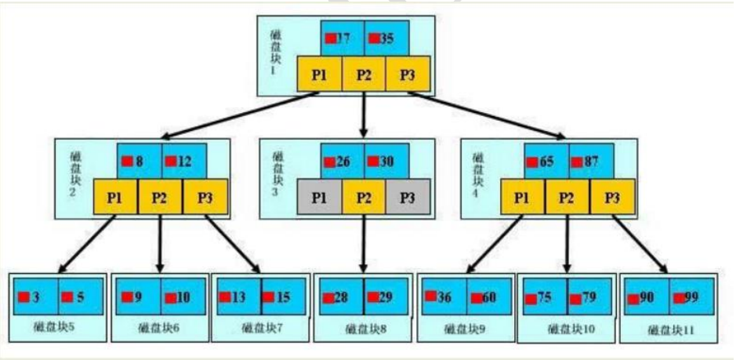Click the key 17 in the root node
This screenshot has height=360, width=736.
pos(342,38)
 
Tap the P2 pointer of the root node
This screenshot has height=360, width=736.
pos(364,75)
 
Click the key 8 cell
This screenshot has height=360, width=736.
pos(139,161)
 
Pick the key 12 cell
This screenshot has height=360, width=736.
pos(183,161)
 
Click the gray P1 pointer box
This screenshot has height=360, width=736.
pos(319,197)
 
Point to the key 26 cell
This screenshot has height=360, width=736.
pos(343,161)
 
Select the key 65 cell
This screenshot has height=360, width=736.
pos(546,161)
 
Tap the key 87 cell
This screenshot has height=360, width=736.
pos(590,161)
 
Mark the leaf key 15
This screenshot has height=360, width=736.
pos(283,297)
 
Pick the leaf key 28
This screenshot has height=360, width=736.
pos(341,297)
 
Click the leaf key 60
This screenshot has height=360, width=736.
pos(488,297)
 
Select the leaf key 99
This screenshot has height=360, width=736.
pos(690,297)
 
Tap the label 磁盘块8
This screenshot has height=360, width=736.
pos(362,328)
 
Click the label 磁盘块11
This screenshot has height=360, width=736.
pos(669,329)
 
